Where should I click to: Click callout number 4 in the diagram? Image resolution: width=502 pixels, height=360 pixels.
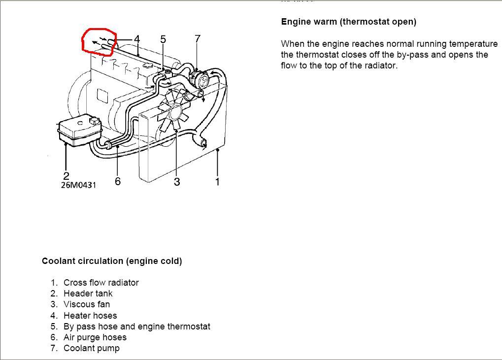(137, 39)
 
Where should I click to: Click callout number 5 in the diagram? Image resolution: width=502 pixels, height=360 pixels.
(163, 39)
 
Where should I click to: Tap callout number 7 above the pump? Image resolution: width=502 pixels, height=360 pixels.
(198, 38)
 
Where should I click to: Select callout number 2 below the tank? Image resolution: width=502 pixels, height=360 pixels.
(66, 175)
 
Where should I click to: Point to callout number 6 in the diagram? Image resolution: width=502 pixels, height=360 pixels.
(118, 181)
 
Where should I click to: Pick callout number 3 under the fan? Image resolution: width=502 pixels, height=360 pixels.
(177, 182)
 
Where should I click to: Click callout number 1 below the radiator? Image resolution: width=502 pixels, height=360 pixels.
(217, 182)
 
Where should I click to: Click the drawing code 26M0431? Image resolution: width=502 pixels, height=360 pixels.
(78, 186)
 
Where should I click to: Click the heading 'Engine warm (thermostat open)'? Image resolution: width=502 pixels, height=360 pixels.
(348, 22)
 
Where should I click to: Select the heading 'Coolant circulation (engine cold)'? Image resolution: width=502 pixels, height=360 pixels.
(112, 261)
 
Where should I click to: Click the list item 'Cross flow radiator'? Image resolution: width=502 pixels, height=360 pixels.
(101, 283)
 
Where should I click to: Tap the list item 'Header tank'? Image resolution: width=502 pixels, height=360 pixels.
(88, 294)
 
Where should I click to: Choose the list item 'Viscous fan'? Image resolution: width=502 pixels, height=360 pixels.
(87, 304)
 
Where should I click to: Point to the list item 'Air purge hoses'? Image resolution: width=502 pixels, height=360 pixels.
(95, 337)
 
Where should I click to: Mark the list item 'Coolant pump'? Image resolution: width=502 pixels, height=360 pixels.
(92, 348)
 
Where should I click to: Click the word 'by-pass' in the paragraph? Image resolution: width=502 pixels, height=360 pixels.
(412, 55)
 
